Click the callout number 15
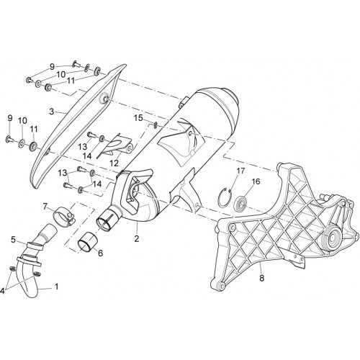tap(138, 118)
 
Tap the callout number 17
tap(240, 171)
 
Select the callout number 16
tap(256, 181)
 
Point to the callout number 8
tap(261, 278)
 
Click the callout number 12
tap(114, 163)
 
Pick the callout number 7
tap(45, 206)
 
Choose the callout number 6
tap(100, 253)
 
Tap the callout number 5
tap(13, 239)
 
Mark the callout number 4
tap(2, 291)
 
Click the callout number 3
tap(52, 112)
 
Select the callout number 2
tap(137, 238)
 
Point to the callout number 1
tap(57, 286)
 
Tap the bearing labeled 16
tap(240, 202)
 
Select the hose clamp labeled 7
tap(63, 217)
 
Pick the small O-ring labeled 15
tap(156, 125)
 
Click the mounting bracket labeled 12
tap(117, 145)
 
